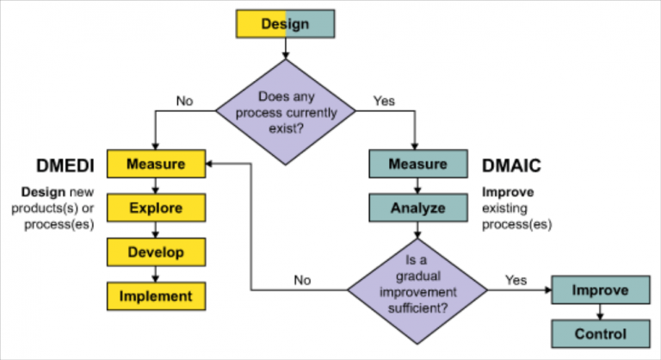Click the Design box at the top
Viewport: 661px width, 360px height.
[x=285, y=24]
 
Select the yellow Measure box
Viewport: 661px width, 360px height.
[x=156, y=164]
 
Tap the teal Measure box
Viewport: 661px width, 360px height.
[x=417, y=164]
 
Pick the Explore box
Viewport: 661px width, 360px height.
[x=156, y=208]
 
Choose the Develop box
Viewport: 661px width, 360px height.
[x=156, y=251]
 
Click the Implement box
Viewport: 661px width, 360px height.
[x=156, y=296]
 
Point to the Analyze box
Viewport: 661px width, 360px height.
[x=417, y=208]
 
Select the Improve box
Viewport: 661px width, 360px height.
[x=600, y=290]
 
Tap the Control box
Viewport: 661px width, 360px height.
[x=600, y=334]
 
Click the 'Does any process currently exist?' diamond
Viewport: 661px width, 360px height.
[x=286, y=112]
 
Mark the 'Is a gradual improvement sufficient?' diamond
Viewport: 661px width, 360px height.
[x=417, y=288]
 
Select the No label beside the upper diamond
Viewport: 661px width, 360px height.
[x=185, y=101]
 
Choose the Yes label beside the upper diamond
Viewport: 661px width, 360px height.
[x=384, y=101]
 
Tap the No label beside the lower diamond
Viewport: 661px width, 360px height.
[x=302, y=279]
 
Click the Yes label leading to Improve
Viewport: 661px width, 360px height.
[x=516, y=279]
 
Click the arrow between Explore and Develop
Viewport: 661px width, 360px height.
[x=156, y=230]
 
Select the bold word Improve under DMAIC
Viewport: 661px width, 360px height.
[x=506, y=193]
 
